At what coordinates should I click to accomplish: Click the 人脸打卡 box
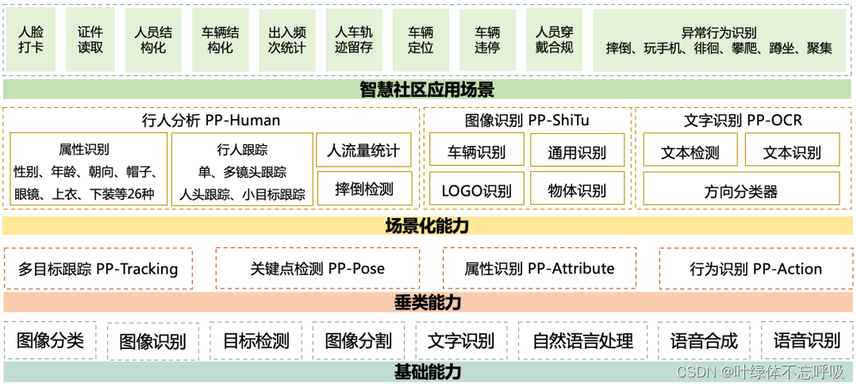coord(32,40)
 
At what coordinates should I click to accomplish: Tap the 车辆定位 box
coord(421,40)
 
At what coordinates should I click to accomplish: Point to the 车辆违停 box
coord(487,40)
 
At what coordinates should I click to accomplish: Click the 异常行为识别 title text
coord(718,33)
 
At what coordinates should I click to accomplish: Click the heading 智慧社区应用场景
coord(427,90)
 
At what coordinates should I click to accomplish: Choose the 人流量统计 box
coord(363,150)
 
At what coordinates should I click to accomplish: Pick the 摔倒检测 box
coord(363,190)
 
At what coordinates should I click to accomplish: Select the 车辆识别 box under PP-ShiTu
coord(476,151)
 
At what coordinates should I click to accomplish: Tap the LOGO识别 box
coord(476,190)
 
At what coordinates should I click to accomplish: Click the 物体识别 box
coord(577,190)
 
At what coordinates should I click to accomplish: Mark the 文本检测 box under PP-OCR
coord(690,151)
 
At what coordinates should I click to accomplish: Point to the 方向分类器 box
coord(740,190)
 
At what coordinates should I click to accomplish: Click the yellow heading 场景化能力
coord(427,226)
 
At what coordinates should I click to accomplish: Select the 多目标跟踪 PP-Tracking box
coord(98,269)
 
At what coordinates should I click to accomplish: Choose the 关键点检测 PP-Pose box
coord(317,269)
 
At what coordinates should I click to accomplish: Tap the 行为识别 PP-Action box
coord(755,269)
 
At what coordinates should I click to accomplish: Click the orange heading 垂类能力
coord(427,302)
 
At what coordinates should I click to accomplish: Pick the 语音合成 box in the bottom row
coord(704,341)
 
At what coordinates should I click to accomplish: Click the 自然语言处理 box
coord(582,341)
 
